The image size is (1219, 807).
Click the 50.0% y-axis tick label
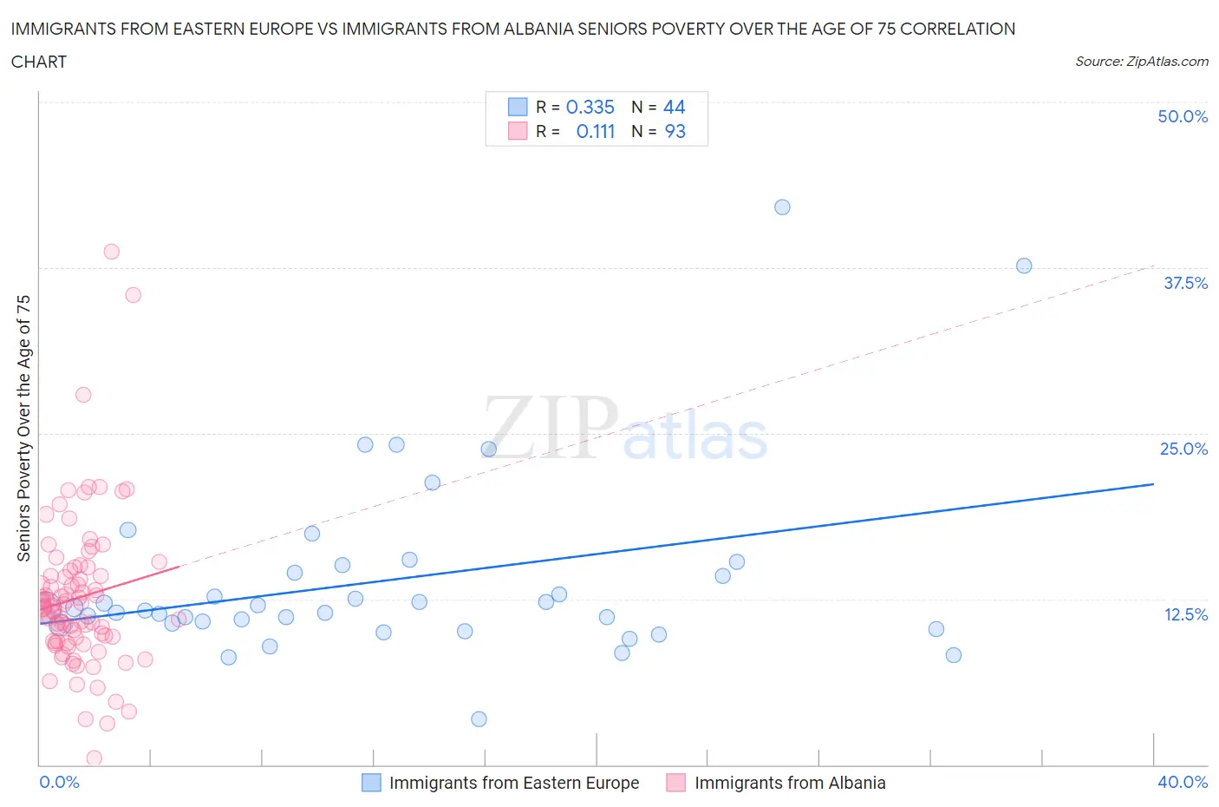(x=1183, y=116)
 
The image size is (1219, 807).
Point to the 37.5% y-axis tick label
(x=1185, y=283)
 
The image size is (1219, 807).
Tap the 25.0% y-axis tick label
(x=1183, y=449)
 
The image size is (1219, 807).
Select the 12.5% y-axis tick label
(x=1185, y=614)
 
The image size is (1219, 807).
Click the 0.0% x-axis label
(x=59, y=782)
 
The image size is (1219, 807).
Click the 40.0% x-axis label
(x=1183, y=782)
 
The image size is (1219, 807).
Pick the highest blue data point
(x=782, y=207)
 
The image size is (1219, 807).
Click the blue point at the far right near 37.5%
(x=1024, y=266)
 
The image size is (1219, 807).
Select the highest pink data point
(x=111, y=252)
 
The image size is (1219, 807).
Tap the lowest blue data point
(x=479, y=718)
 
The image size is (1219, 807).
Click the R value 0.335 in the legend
(x=590, y=107)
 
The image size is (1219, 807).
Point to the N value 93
(x=675, y=131)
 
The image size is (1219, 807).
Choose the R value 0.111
(x=595, y=131)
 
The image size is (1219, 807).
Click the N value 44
(x=674, y=107)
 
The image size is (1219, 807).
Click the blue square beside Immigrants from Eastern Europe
(x=371, y=783)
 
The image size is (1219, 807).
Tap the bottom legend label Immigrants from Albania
(x=790, y=783)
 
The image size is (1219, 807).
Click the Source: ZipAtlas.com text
(x=1141, y=61)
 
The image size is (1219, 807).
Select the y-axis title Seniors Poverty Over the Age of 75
(x=23, y=428)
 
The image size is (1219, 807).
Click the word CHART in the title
(x=39, y=62)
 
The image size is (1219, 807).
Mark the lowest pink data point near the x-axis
(x=94, y=758)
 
